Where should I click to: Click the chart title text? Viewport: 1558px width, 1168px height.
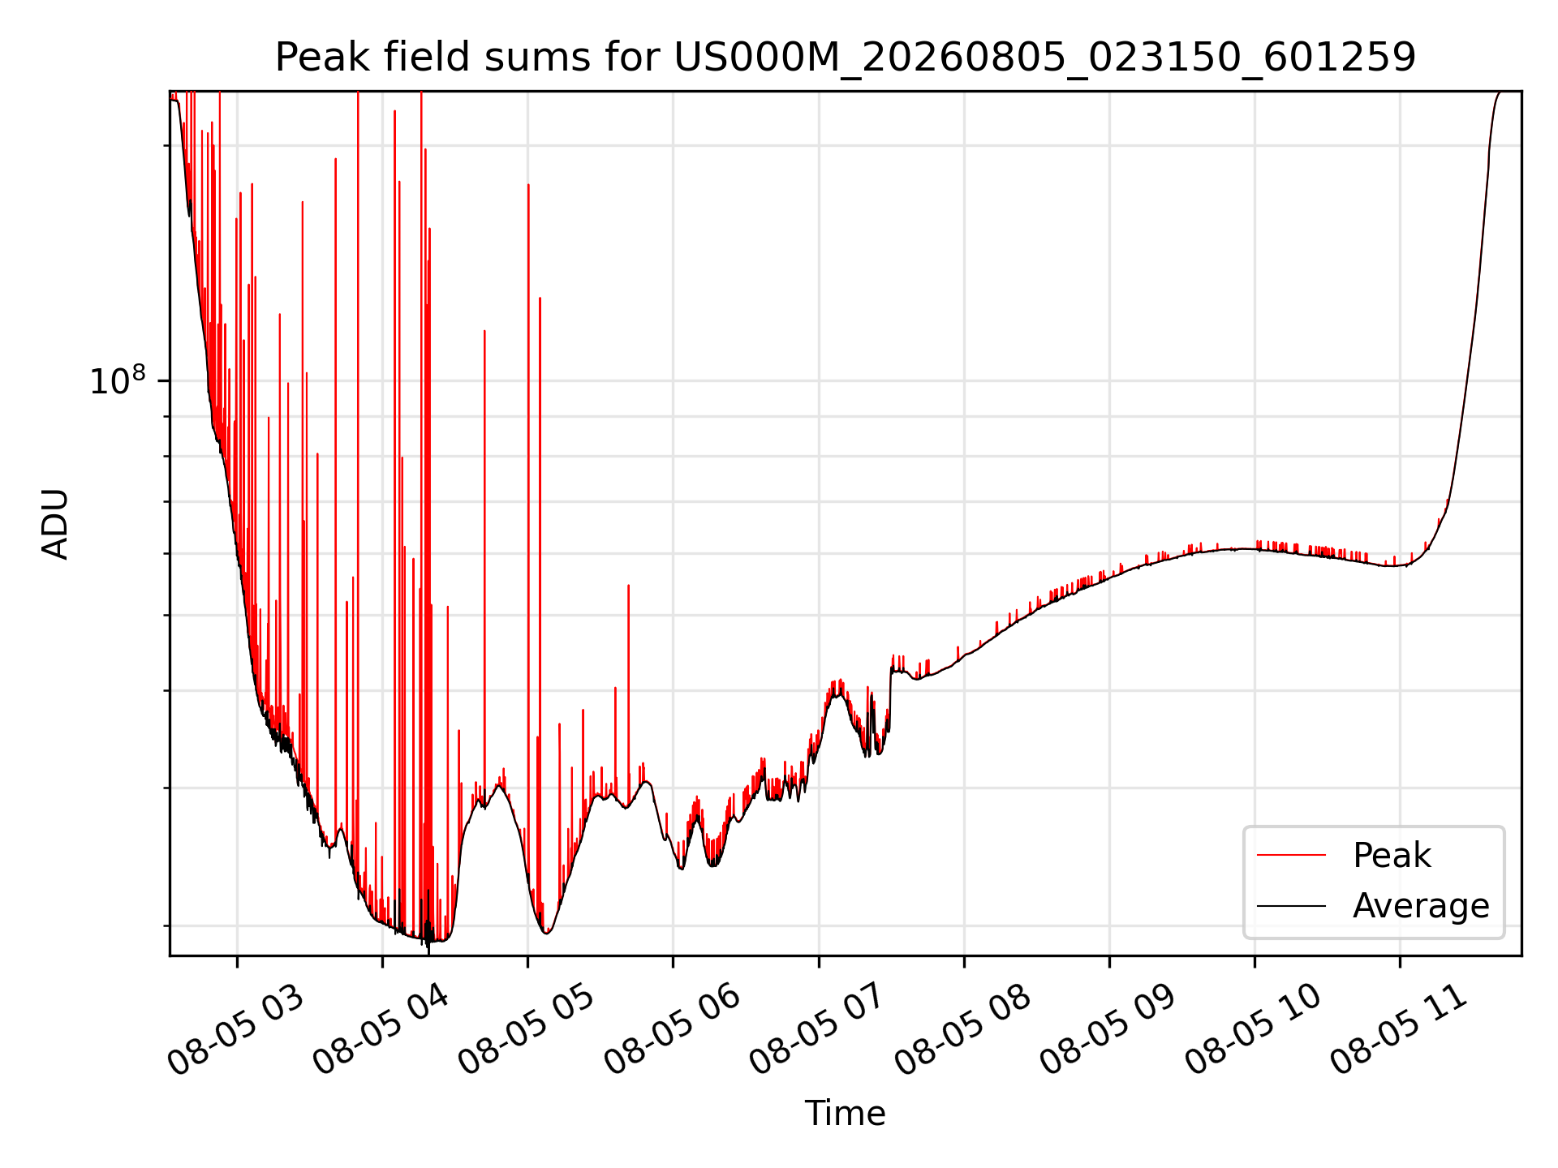tap(846, 58)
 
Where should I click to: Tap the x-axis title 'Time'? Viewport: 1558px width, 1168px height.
tap(845, 1113)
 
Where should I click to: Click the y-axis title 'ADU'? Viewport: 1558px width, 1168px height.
tap(55, 523)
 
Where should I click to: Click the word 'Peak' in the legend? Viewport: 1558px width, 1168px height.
tap(1392, 856)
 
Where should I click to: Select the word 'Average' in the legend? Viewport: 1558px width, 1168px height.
tap(1421, 906)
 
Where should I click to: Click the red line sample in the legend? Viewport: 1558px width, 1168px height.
tap(1291, 856)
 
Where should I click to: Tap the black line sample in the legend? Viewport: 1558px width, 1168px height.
tap(1291, 906)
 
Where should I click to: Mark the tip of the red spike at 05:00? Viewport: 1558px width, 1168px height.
tap(528, 185)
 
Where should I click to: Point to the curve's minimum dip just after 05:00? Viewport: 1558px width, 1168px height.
tap(547, 933)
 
